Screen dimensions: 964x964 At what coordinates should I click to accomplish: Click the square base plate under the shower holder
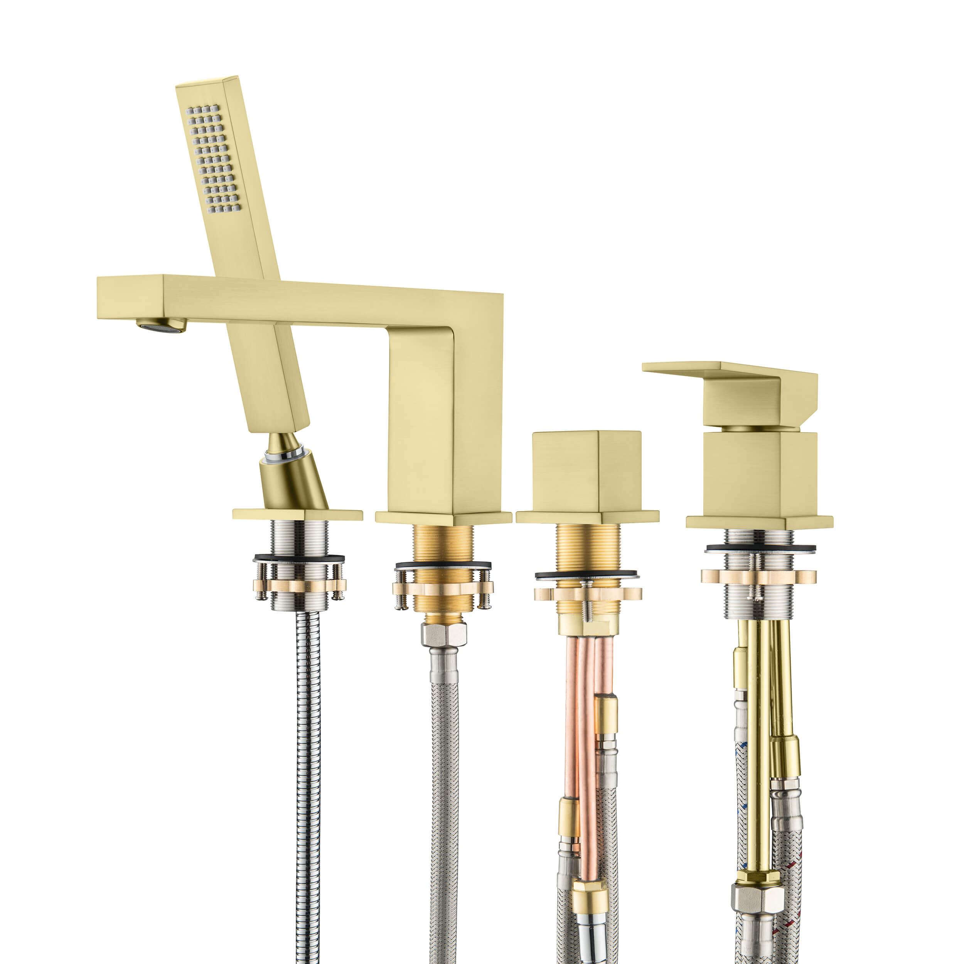297,514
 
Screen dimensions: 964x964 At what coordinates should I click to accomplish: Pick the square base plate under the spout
443,518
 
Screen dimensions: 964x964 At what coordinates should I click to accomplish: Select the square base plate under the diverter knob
587,517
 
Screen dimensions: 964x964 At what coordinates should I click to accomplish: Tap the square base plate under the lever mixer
759,522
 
